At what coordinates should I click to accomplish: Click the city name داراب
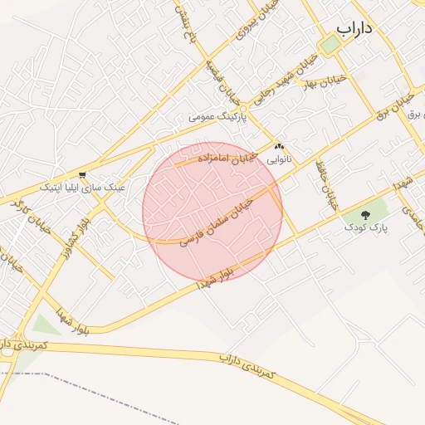click(x=354, y=27)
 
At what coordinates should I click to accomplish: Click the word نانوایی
click(x=279, y=157)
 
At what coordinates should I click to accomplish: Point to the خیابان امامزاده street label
click(x=227, y=155)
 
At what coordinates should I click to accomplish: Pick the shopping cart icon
click(x=82, y=175)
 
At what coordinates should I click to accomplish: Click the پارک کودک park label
click(x=366, y=226)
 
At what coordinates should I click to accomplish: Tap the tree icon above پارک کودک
click(x=366, y=214)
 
